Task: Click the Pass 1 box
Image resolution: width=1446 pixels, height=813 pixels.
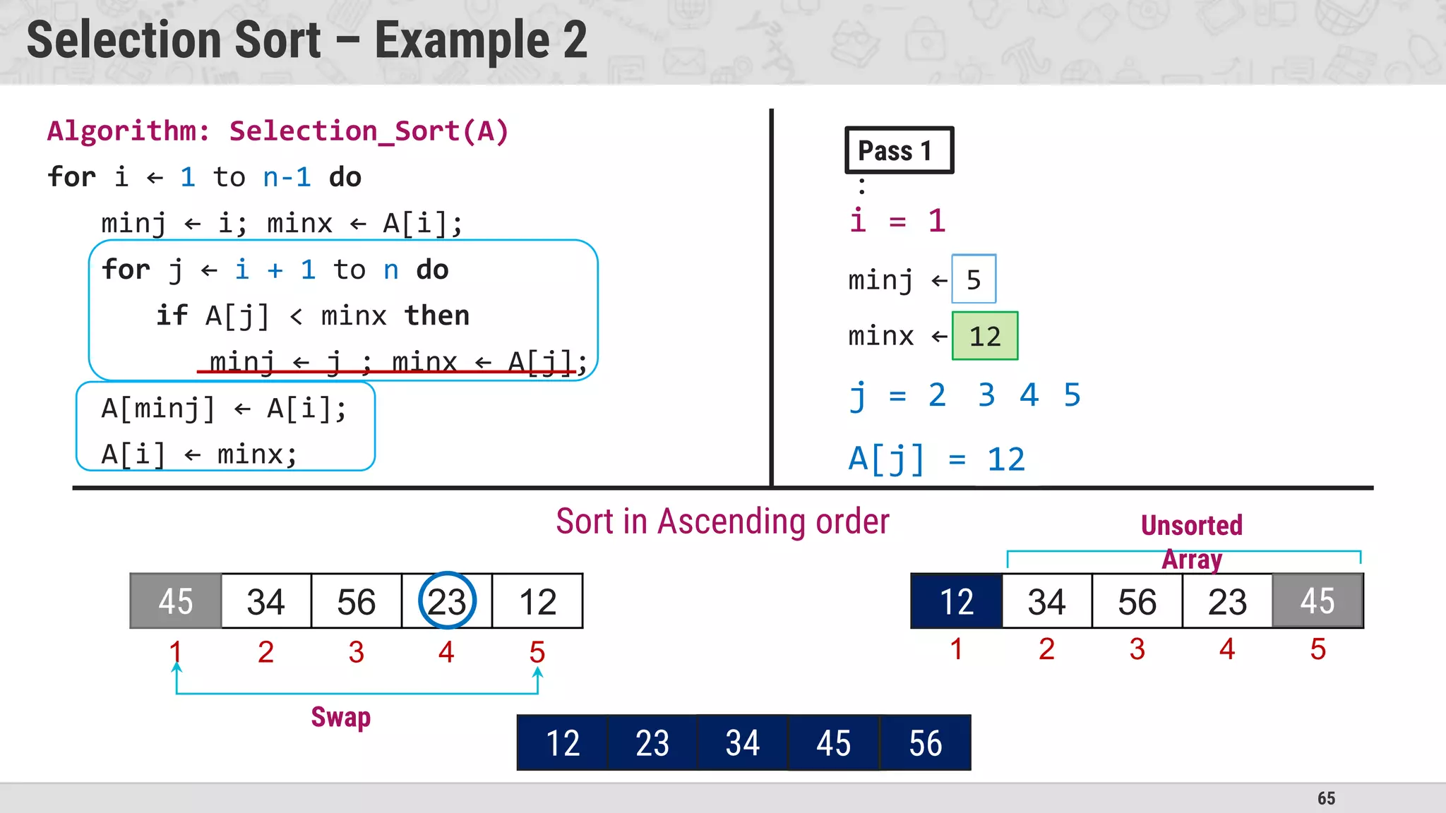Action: point(899,150)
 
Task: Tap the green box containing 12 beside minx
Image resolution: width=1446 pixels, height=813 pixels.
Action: point(985,336)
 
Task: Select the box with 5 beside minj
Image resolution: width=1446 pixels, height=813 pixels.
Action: point(974,279)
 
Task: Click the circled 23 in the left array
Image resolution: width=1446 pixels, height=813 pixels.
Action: point(447,601)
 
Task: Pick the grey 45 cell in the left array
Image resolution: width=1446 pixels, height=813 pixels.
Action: point(176,601)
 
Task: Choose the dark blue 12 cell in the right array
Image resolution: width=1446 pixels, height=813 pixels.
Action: point(957,601)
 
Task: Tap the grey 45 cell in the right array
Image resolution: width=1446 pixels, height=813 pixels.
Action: point(1317,601)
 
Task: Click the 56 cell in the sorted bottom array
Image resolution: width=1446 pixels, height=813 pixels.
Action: point(925,743)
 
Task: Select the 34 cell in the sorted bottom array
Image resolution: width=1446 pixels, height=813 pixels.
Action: point(742,743)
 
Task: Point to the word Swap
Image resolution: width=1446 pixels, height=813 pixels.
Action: point(341,717)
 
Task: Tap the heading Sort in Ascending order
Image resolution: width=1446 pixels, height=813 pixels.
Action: point(722,522)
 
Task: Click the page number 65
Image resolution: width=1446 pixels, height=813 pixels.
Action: point(1326,798)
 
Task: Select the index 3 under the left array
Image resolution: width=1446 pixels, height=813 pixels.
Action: point(356,652)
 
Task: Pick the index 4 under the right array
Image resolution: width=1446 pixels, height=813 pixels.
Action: point(1227,649)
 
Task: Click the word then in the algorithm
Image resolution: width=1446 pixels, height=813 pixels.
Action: point(436,315)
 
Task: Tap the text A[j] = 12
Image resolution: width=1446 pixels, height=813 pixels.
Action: point(936,459)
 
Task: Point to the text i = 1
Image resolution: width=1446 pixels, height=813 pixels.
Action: point(897,221)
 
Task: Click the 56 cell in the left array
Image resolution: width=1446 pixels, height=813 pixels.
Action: point(357,601)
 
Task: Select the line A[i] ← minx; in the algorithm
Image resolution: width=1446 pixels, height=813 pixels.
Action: point(199,454)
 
